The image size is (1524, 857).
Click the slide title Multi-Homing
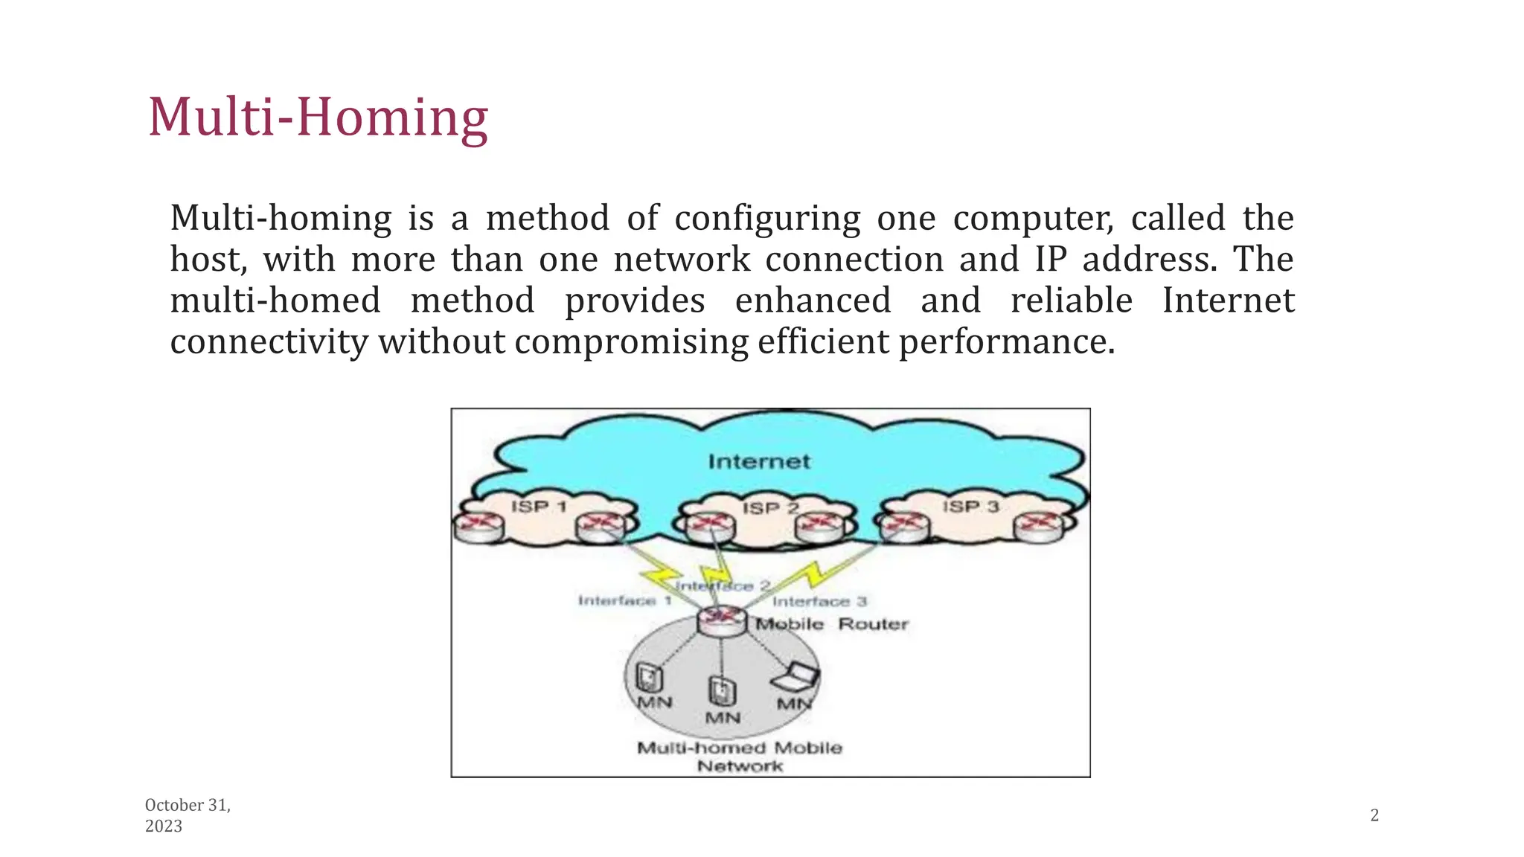318,118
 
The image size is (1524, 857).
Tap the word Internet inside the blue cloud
758,462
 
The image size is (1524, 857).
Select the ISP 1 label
539,507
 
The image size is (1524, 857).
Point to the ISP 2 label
770,508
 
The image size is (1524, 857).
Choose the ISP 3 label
970,507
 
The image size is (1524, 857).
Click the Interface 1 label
625,600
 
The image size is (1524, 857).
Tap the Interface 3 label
819,601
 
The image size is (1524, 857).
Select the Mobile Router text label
832,624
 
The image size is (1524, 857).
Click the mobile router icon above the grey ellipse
721,620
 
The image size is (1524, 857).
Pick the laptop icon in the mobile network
795,676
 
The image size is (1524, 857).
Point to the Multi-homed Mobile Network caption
740,757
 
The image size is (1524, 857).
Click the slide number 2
1374,815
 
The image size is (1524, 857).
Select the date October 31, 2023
188,815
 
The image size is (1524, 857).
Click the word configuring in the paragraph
767,219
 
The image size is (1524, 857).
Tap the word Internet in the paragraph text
1228,301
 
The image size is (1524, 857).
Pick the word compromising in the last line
631,342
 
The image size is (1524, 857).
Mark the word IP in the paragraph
1050,260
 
